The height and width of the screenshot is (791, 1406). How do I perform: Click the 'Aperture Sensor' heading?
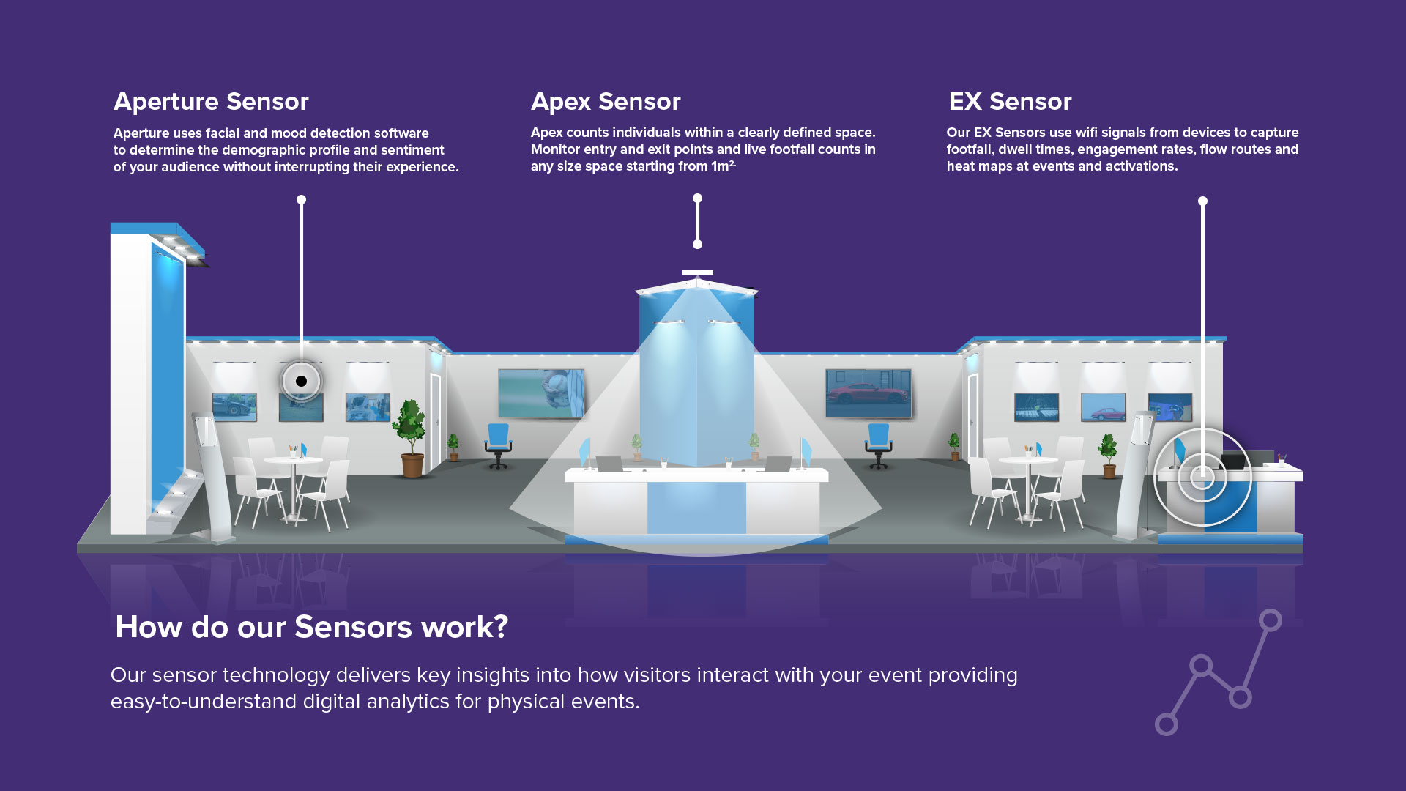tap(211, 102)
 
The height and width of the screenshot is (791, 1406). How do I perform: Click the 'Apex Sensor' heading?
tap(606, 102)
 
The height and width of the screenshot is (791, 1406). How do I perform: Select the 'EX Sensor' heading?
tap(1010, 102)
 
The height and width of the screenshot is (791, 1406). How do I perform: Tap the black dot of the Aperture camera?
tap(301, 381)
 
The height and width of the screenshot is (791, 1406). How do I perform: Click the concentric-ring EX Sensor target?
tap(1202, 478)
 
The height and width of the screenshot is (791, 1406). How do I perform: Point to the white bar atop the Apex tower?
tap(697, 272)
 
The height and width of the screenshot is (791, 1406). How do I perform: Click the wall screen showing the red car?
tap(868, 393)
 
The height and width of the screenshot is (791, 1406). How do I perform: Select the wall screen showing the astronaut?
tap(541, 393)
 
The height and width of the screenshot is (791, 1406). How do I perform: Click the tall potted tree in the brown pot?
tap(409, 438)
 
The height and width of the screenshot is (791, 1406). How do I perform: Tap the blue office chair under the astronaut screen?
tap(498, 446)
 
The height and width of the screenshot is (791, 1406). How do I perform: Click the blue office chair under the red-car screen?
tap(879, 446)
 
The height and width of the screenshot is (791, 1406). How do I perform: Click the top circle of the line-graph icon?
tap(1271, 620)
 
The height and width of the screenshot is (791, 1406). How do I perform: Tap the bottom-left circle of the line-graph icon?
tap(1167, 724)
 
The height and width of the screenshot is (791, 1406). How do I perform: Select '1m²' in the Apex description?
tap(723, 166)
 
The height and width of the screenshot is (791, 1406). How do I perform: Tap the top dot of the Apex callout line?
tap(697, 198)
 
